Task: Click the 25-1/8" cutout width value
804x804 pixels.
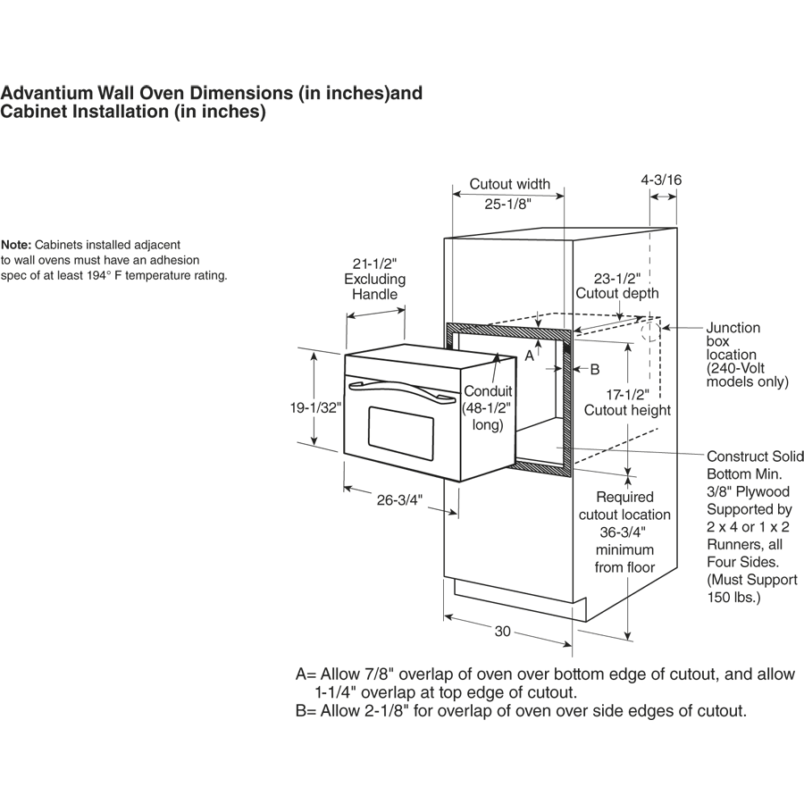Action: pos(508,204)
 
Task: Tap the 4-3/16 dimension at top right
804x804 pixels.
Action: pos(661,180)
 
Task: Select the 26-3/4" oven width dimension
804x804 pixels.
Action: pos(399,500)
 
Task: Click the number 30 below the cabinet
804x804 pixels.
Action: pos(502,632)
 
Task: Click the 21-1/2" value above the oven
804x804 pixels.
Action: pos(373,264)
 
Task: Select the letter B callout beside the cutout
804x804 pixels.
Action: pos(594,368)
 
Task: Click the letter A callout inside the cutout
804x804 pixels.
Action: pos(529,356)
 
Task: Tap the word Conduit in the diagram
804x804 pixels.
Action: pos(488,391)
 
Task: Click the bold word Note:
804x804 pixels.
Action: pos(17,245)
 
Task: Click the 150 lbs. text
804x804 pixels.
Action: pos(733,597)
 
